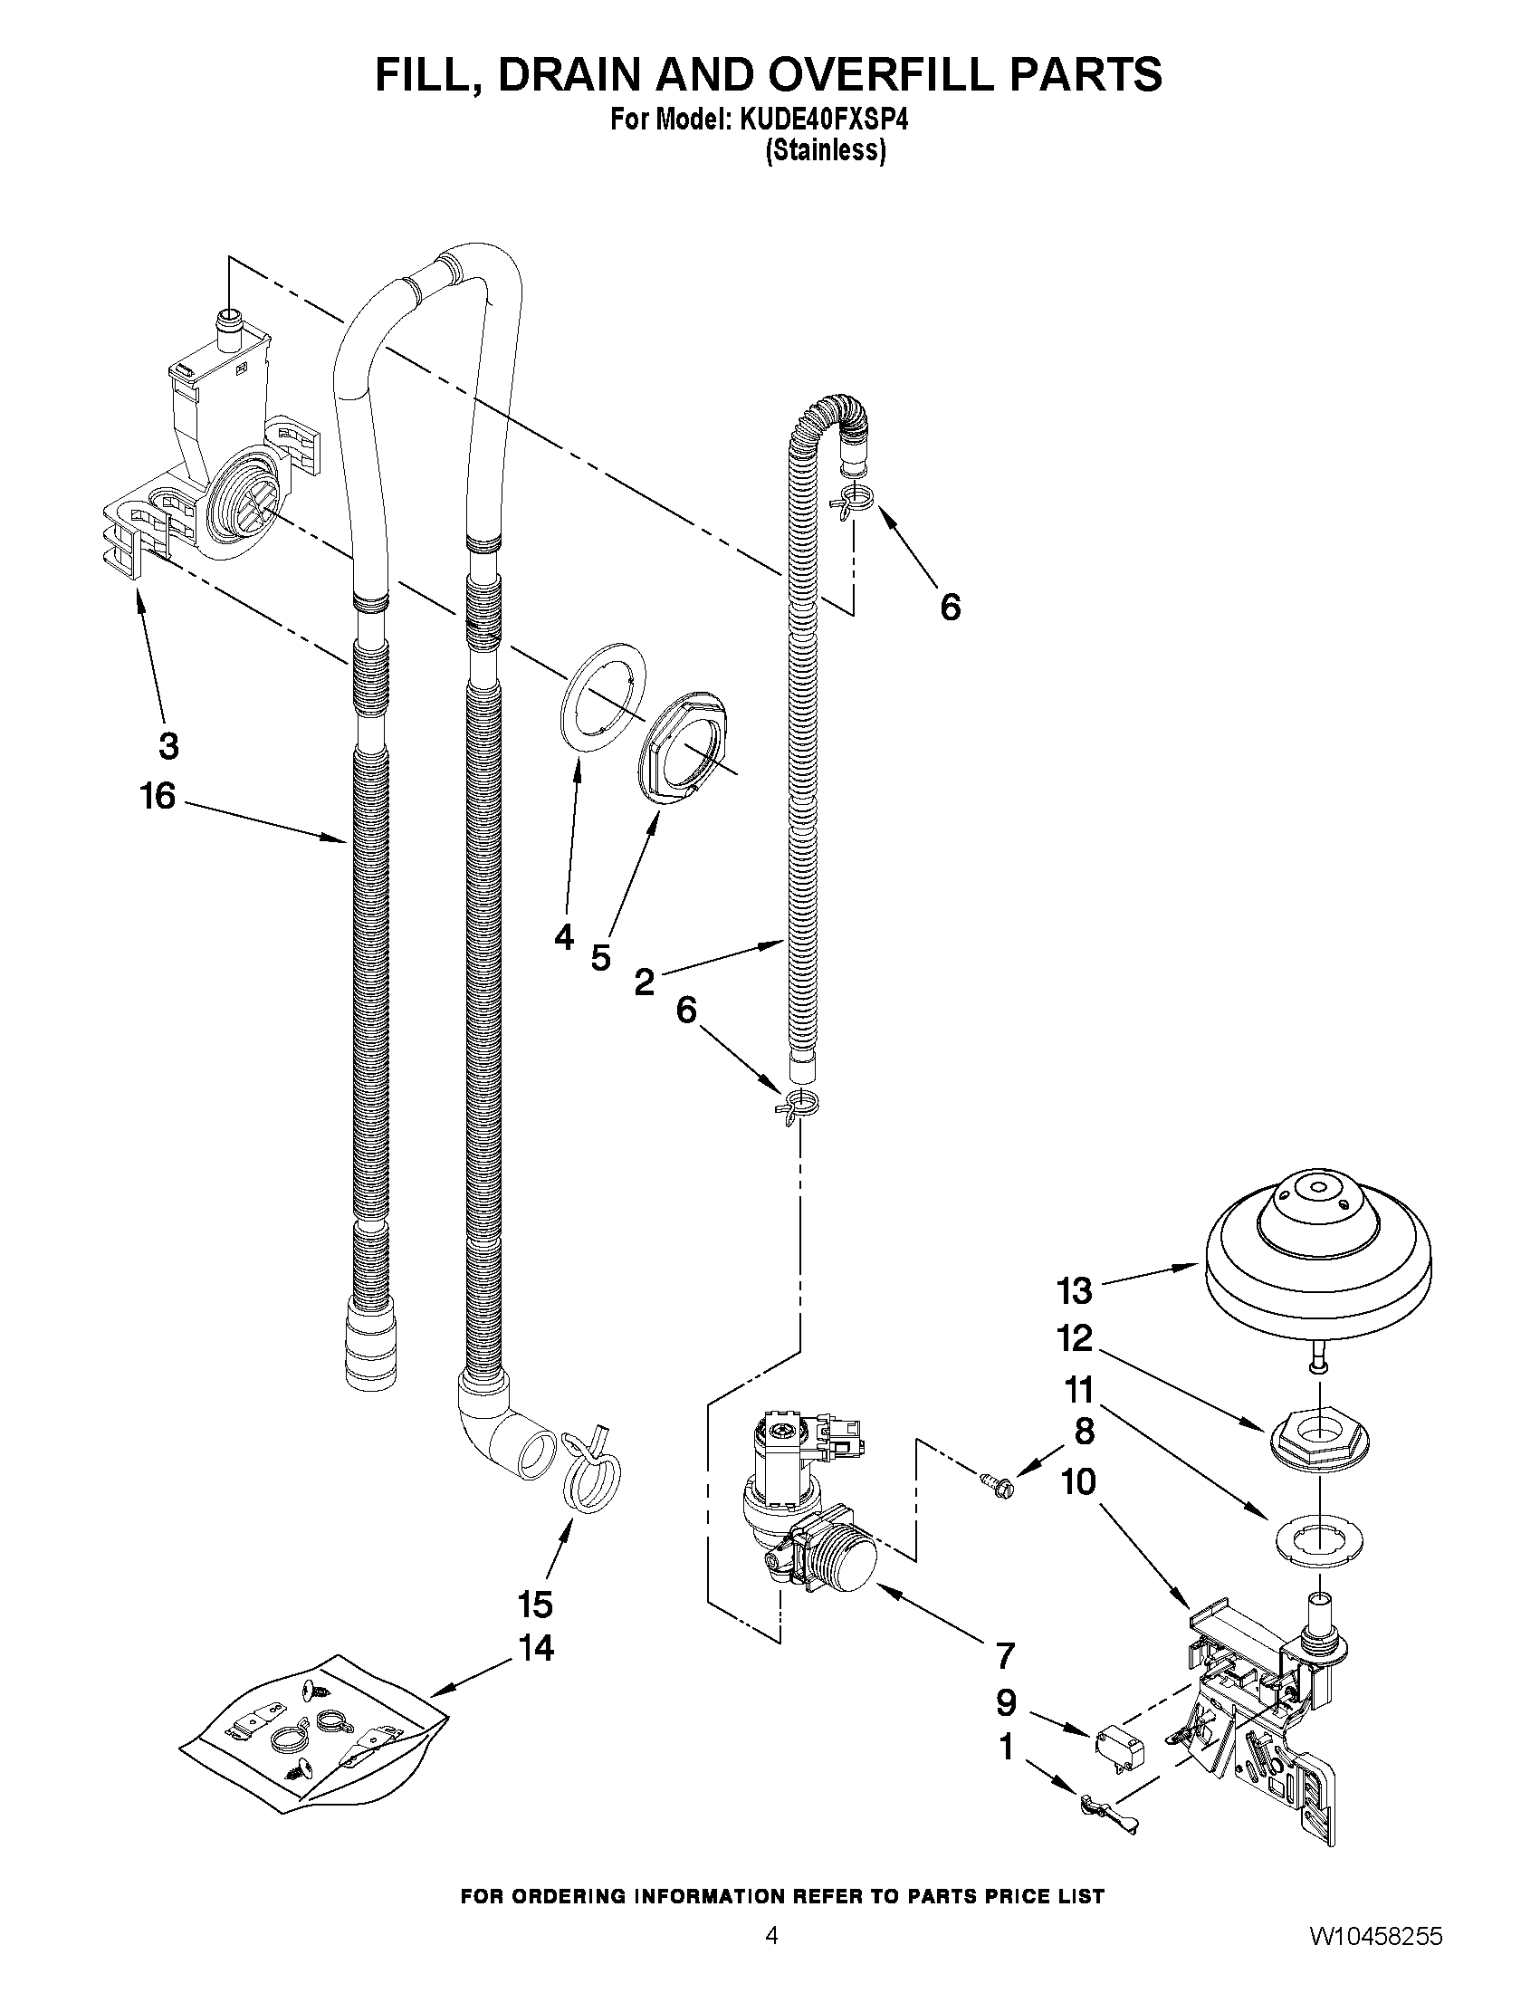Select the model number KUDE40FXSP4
818,120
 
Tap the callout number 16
157,796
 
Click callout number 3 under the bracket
167,746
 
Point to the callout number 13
1075,1290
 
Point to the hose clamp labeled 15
591,1470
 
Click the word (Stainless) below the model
825,150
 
